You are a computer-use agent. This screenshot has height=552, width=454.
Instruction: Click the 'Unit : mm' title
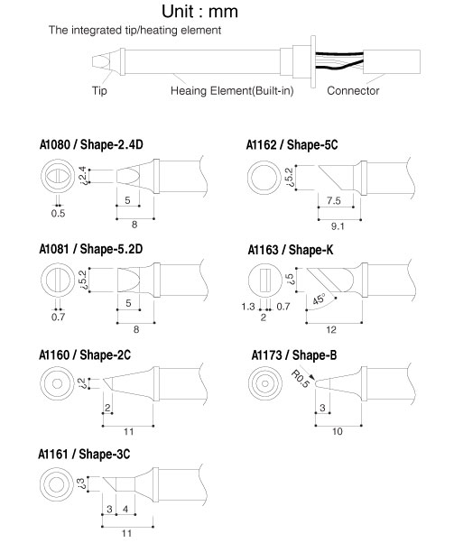coord(199,11)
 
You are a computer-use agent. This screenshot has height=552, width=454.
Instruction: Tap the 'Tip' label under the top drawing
coord(99,91)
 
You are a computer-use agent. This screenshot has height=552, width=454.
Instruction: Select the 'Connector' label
coord(353,91)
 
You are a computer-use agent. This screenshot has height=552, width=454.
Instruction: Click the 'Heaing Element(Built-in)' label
coord(232,91)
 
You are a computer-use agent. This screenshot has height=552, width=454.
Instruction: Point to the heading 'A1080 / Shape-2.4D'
coord(91,144)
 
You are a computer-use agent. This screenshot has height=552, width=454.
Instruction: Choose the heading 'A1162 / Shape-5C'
coord(292,144)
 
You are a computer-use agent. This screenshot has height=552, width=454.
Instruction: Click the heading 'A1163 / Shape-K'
coord(291,250)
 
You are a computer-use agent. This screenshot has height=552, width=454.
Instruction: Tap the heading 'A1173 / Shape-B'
coord(293,355)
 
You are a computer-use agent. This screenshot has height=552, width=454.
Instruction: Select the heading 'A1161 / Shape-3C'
coord(84,454)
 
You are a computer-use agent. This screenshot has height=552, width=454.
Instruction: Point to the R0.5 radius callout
coord(300,379)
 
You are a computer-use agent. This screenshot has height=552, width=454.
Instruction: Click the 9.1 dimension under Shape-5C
coord(338,226)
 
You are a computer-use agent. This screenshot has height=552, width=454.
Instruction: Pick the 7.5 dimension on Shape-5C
coord(333,200)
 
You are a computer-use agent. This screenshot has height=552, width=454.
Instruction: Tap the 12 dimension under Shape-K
coord(331,330)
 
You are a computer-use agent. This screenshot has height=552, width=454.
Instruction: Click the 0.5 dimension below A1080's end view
coord(58,214)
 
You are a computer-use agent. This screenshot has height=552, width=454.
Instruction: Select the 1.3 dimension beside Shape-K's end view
coord(248,307)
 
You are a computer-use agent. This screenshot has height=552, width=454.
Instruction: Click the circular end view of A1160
coord(57,383)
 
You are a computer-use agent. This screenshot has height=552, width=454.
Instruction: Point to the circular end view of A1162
coord(264,178)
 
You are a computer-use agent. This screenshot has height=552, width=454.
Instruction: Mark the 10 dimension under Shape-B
coord(337,432)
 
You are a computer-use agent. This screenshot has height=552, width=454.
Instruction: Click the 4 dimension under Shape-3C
coord(125,509)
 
